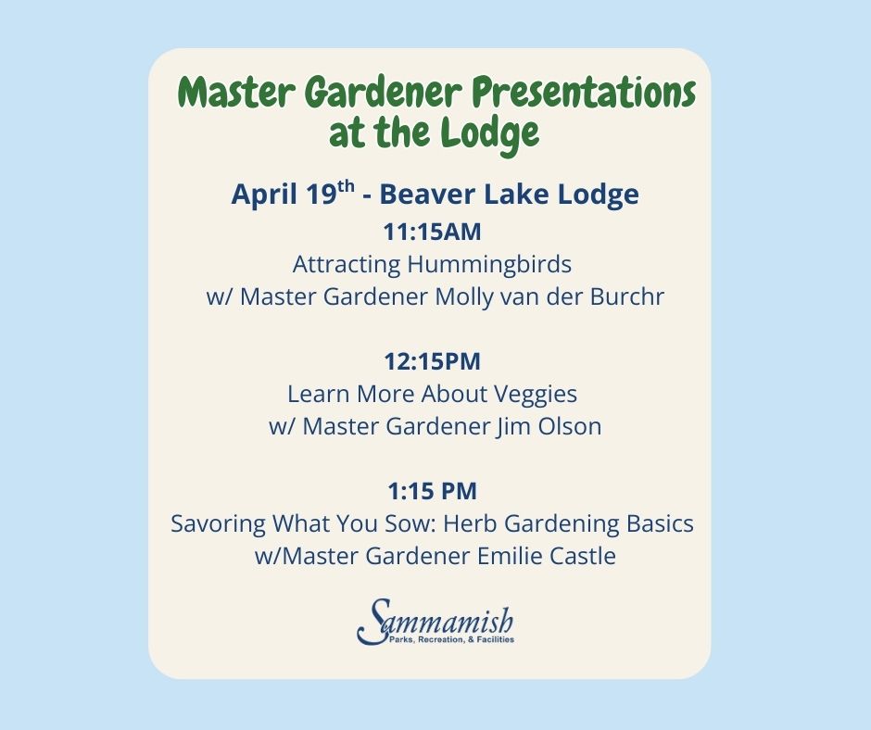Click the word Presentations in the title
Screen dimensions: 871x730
tap(584, 93)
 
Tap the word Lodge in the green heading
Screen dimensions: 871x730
tap(490, 133)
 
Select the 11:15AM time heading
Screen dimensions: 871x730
tap(432, 233)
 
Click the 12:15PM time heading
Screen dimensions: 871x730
tap(432, 361)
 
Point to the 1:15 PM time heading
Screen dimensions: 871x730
tap(432, 491)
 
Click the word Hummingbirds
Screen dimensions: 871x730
tap(489, 265)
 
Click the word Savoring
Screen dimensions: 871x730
tap(218, 524)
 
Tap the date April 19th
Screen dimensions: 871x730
tap(293, 194)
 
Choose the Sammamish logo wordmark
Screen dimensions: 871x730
tap(435, 619)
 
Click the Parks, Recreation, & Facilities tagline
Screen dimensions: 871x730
tap(451, 640)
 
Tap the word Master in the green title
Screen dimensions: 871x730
tap(237, 93)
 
